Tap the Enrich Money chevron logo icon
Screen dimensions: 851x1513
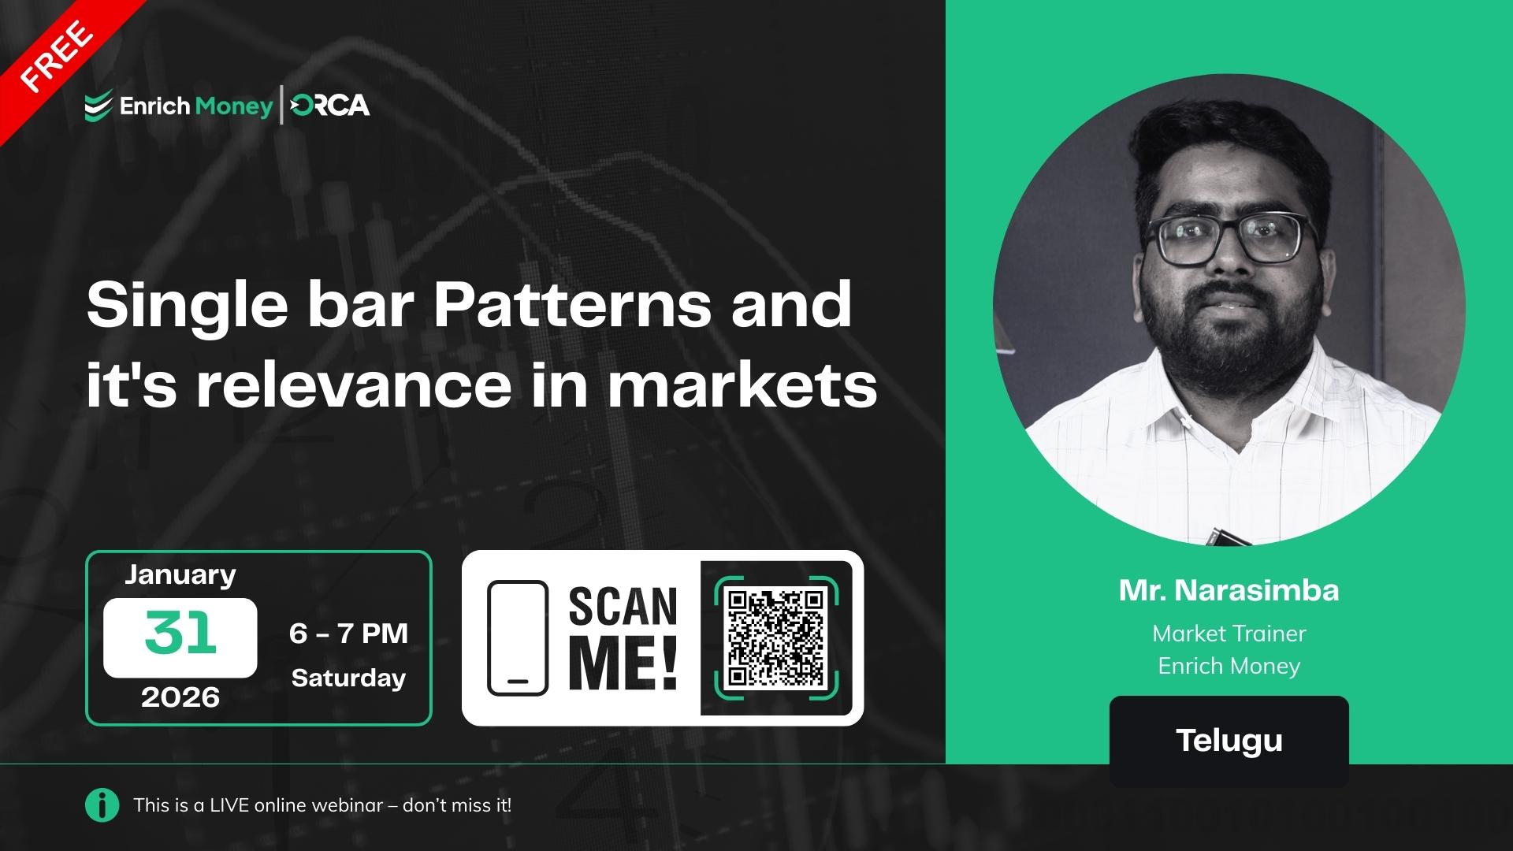point(98,106)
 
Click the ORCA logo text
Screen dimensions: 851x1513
point(330,106)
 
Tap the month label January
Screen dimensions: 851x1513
point(180,574)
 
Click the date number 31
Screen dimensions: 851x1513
point(180,634)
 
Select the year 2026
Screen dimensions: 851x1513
point(180,697)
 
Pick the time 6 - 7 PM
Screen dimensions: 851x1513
point(348,633)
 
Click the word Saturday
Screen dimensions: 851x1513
point(348,678)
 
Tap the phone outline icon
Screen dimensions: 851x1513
point(517,638)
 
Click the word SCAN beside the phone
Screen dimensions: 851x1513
point(623,607)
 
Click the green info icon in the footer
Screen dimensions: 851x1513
point(102,805)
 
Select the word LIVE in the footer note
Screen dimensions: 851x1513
point(229,805)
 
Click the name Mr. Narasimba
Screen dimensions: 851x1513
point(1229,590)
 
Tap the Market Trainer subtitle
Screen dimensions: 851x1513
point(1229,634)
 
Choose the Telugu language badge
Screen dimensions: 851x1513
point(1229,741)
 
